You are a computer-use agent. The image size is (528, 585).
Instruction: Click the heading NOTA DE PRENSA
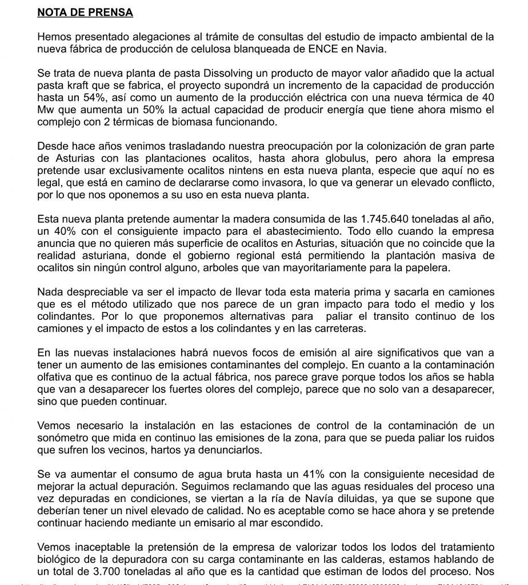(85, 11)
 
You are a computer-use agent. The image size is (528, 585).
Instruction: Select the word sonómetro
(63, 438)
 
